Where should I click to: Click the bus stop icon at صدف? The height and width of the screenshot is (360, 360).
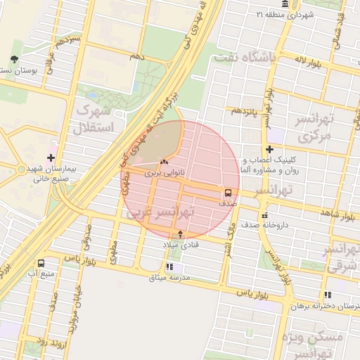(229, 192)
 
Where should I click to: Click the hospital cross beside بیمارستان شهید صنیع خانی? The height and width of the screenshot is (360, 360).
(51, 157)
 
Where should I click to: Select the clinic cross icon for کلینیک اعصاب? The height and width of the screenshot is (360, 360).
(269, 149)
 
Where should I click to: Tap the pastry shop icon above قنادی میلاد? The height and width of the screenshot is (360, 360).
(181, 233)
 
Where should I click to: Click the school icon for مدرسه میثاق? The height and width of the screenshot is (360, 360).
(169, 267)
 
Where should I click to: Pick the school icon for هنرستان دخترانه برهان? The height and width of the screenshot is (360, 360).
(327, 295)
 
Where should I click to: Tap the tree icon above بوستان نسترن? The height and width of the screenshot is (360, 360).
(15, 60)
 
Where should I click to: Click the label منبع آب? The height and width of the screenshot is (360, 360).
(37, 272)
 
